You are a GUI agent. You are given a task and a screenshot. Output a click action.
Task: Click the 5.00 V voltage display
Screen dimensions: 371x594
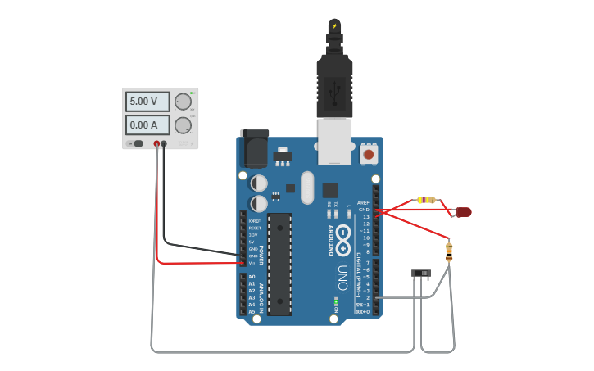147,102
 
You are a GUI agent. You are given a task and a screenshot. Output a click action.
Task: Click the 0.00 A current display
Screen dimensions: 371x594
147,124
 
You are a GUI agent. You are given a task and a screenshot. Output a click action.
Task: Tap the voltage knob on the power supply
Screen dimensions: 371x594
182,102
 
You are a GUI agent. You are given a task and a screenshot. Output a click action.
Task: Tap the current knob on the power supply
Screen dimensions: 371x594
182,124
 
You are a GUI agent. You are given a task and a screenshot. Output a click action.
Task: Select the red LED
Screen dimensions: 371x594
463,212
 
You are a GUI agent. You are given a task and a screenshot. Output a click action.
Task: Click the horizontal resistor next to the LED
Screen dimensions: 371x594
426,200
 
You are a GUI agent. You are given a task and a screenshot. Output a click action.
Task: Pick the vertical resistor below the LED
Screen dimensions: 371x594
449,251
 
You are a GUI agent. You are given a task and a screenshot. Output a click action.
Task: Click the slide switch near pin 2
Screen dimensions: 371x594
422,273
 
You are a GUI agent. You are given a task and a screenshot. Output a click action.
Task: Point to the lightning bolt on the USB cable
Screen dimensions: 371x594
334,26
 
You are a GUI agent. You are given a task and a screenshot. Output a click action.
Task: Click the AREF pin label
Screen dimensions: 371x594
364,202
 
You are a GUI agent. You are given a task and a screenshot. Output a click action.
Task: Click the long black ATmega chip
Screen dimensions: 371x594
279,263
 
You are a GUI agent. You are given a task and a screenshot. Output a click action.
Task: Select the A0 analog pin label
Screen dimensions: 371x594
251,277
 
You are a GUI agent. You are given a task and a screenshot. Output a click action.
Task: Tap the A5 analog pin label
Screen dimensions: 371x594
251,312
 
